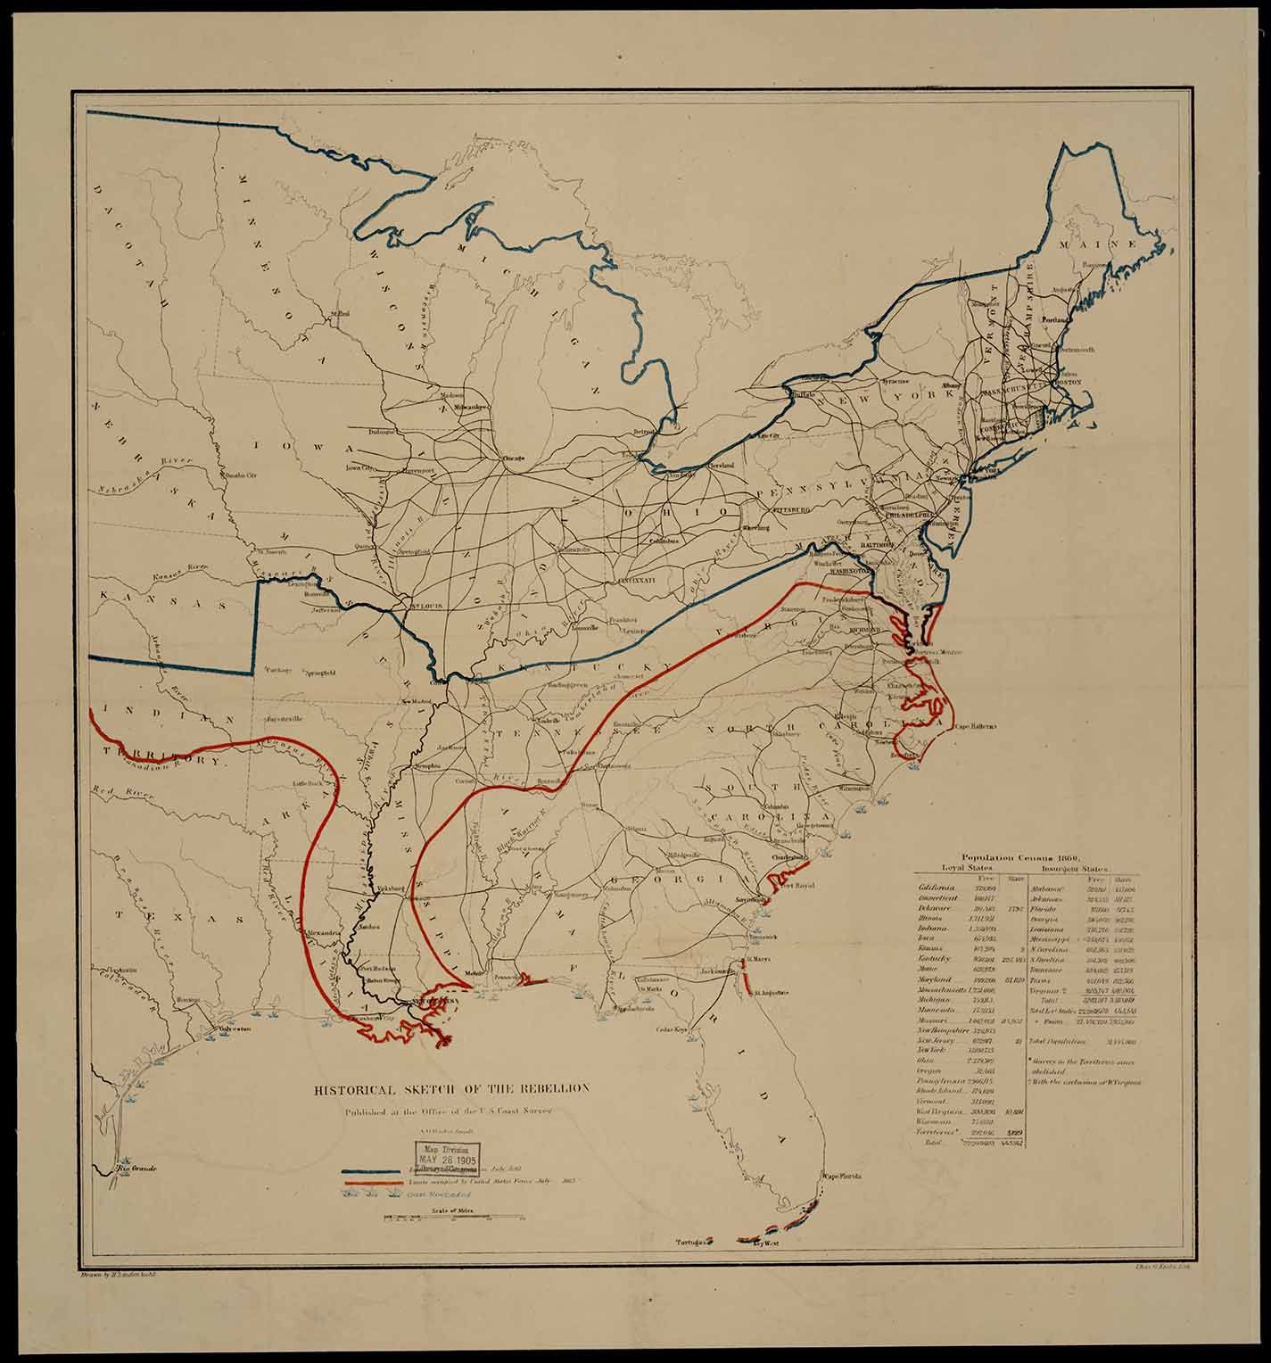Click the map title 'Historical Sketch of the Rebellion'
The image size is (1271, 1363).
point(450,1089)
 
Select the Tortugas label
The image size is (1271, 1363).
point(691,1242)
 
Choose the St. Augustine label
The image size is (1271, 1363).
point(772,991)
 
